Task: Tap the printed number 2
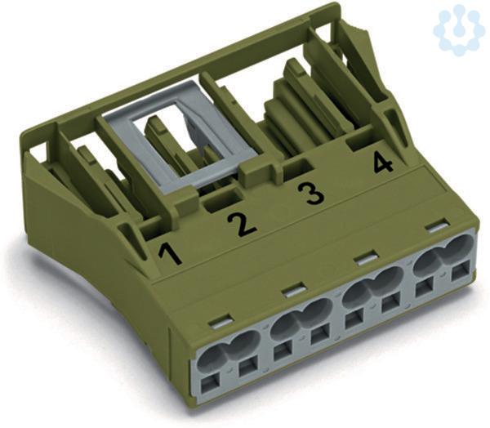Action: pos(243,225)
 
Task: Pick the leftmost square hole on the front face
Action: pos(210,384)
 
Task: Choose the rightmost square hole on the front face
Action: pos(461,270)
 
